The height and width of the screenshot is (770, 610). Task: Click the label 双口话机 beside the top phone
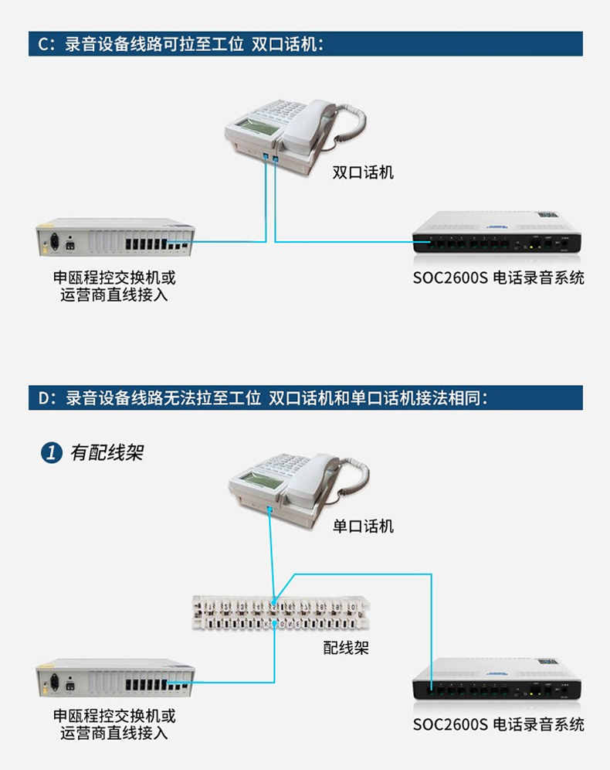point(363,172)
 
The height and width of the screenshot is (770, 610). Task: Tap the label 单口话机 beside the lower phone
point(363,526)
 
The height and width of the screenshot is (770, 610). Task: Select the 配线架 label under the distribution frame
point(346,647)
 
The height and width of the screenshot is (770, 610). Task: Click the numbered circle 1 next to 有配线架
point(52,452)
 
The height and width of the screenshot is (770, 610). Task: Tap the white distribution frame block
point(280,613)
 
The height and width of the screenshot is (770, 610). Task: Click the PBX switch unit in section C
point(115,237)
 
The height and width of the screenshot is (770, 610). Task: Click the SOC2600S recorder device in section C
point(496,233)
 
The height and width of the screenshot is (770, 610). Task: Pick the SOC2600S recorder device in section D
point(496,679)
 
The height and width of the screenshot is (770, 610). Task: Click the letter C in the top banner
point(44,44)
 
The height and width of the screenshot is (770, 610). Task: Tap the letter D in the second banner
point(44,398)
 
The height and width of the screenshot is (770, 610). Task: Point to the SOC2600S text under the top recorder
point(450,278)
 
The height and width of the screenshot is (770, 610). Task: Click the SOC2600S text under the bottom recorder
point(450,724)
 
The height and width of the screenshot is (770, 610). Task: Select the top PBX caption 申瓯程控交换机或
point(114,278)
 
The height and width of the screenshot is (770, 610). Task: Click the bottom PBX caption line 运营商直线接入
point(114,733)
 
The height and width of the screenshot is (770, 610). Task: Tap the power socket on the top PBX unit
point(55,242)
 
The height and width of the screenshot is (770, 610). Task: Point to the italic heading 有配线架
point(107,452)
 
